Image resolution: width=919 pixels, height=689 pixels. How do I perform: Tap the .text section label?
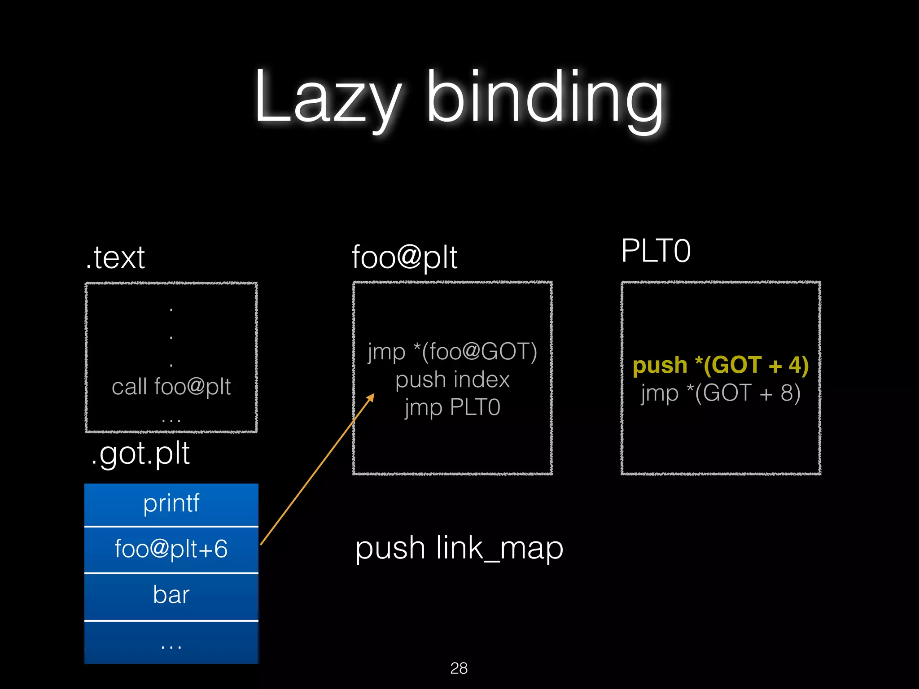(x=116, y=257)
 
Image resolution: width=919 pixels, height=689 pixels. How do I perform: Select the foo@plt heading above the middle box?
(x=404, y=257)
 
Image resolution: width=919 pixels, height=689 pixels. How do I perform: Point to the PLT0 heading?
(x=656, y=251)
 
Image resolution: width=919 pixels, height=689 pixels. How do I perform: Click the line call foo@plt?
(x=171, y=387)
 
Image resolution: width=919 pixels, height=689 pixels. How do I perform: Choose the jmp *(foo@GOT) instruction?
(x=452, y=351)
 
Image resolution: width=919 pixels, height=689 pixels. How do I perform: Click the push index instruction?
(x=452, y=379)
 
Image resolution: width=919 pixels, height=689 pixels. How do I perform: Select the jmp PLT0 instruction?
(x=452, y=407)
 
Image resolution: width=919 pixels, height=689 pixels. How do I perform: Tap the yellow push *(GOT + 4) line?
(x=721, y=365)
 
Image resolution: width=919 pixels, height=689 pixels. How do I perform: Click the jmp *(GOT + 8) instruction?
(x=721, y=393)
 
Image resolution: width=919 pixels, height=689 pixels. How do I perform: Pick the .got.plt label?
(x=140, y=453)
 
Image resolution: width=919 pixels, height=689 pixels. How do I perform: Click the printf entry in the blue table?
(x=171, y=503)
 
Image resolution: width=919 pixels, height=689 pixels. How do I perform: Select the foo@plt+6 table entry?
(x=171, y=549)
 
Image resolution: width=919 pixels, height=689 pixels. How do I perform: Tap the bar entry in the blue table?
(x=171, y=595)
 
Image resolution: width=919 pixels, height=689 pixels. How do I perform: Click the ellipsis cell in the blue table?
(x=171, y=644)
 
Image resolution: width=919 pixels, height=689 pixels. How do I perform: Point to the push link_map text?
(x=459, y=548)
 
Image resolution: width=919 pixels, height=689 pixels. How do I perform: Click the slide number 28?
(x=459, y=668)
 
